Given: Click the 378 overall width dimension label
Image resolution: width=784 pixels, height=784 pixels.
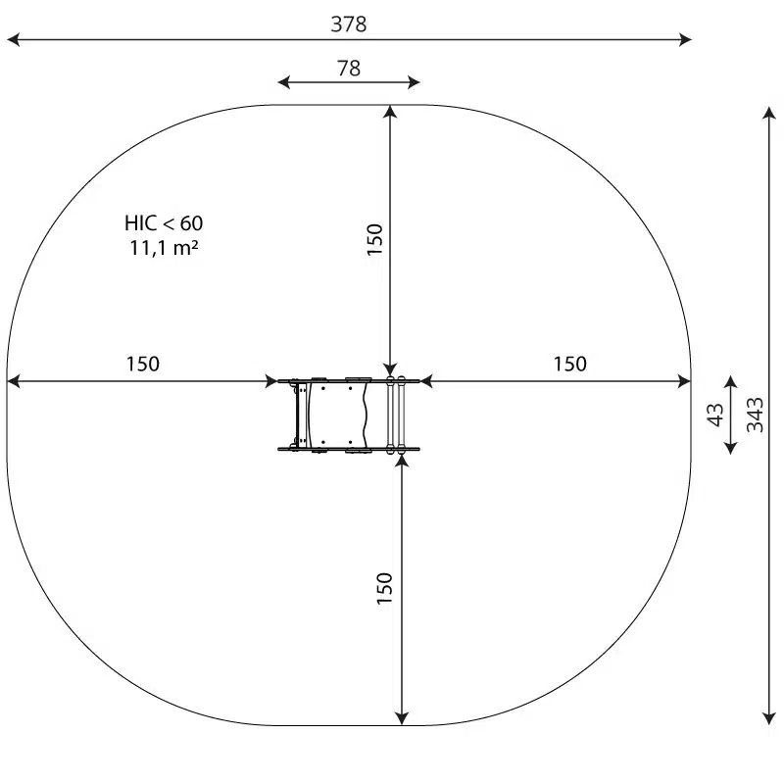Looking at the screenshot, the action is [349, 24].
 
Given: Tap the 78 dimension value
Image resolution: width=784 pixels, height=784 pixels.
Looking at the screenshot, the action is [349, 68].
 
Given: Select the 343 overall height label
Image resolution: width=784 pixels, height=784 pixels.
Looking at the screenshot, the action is [755, 415].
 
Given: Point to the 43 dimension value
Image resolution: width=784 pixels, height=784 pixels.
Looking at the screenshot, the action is [715, 415].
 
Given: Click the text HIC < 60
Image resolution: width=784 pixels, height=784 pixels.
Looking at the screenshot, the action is [164, 223].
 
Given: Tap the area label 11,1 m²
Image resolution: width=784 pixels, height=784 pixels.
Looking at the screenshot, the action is [164, 248].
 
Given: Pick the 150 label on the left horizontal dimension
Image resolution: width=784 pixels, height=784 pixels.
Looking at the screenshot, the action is [142, 364].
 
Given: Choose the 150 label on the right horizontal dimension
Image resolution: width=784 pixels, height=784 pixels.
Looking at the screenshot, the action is [570, 364].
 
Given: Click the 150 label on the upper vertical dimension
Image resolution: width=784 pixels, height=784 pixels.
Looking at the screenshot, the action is [374, 239].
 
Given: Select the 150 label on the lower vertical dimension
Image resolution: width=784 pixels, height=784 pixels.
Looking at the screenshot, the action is [384, 588].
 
